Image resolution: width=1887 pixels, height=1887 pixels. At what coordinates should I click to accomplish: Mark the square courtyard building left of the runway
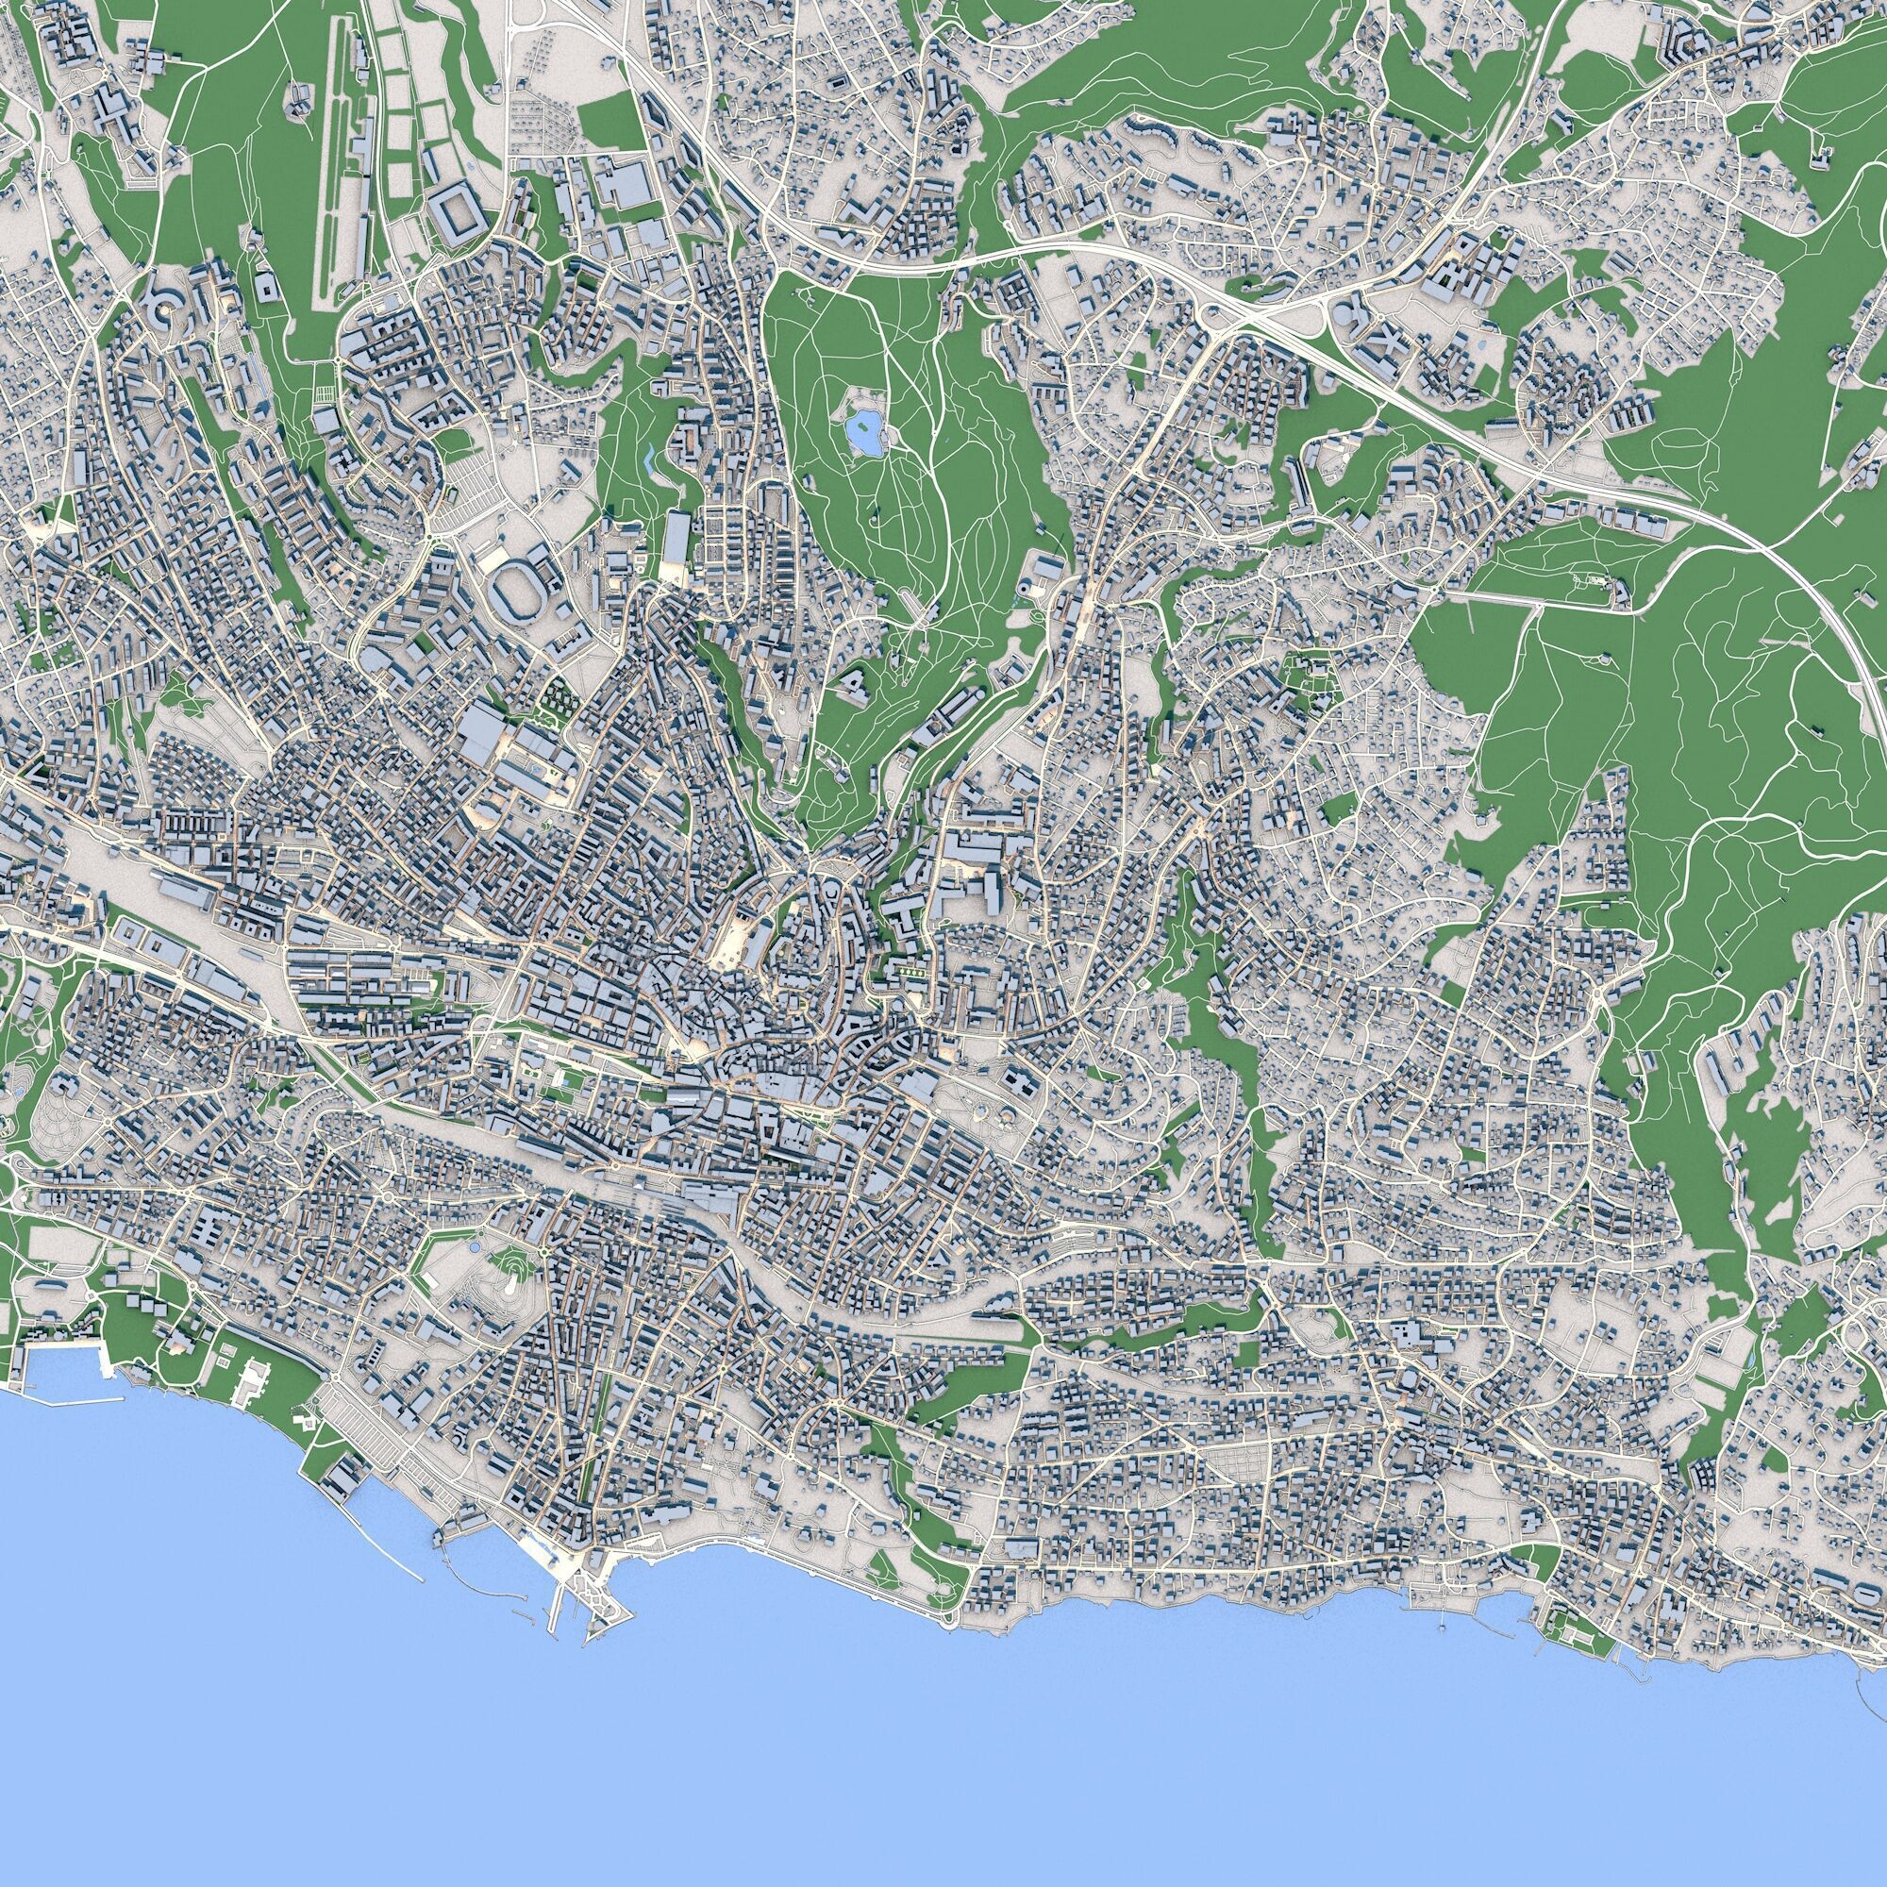coord(265,285)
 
